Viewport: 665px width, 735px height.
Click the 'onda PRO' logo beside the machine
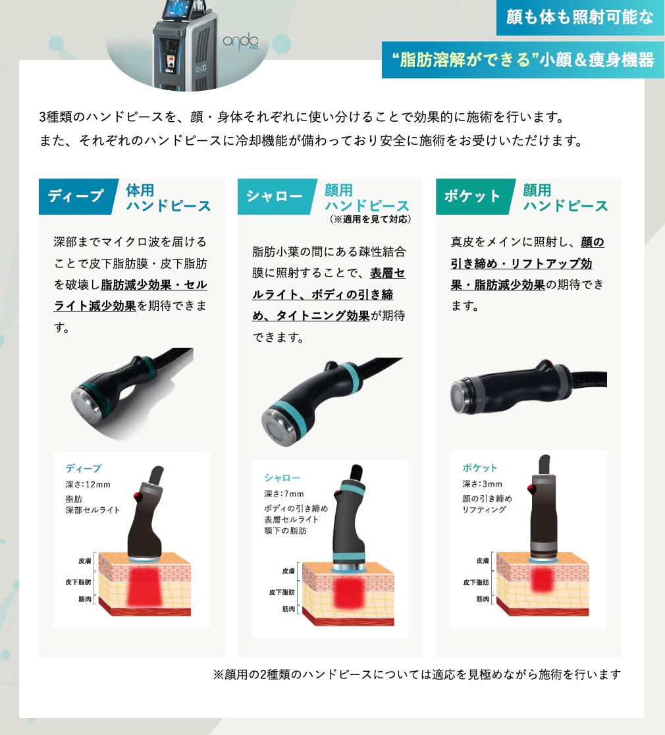tap(240, 41)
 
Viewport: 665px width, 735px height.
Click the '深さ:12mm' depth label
tap(88, 485)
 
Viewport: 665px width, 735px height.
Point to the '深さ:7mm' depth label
tap(284, 494)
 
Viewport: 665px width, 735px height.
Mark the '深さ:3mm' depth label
tap(482, 484)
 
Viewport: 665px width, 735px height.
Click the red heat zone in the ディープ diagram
tap(145, 586)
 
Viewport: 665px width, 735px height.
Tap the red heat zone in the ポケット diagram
tap(542, 580)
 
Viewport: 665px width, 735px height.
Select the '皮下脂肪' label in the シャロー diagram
tap(282, 593)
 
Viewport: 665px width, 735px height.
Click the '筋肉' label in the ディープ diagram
tap(85, 599)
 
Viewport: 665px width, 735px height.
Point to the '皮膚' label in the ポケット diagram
tap(483, 560)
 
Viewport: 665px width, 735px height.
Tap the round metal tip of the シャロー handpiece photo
tap(280, 427)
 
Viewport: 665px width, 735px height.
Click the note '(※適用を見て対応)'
tap(370, 219)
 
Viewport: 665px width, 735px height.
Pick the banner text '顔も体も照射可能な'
tap(579, 17)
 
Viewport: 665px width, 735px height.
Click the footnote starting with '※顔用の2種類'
tap(417, 674)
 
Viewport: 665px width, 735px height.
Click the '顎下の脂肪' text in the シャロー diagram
tap(285, 531)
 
